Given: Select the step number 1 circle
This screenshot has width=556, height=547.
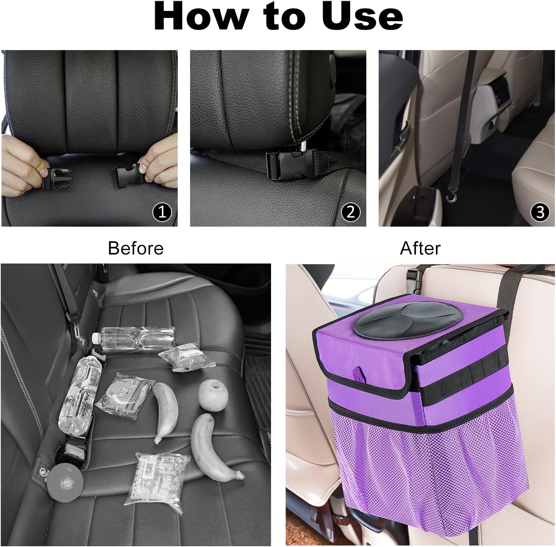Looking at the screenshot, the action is tap(162, 212).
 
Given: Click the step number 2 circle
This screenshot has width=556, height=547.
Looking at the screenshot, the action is tap(350, 212).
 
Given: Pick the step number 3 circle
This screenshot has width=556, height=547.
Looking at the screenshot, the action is tap(540, 212).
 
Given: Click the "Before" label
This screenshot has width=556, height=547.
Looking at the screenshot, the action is tap(136, 248).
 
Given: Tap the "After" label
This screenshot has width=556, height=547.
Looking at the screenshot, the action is tap(420, 248).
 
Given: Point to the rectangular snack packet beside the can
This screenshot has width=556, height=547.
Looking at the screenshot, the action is tap(157, 478).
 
